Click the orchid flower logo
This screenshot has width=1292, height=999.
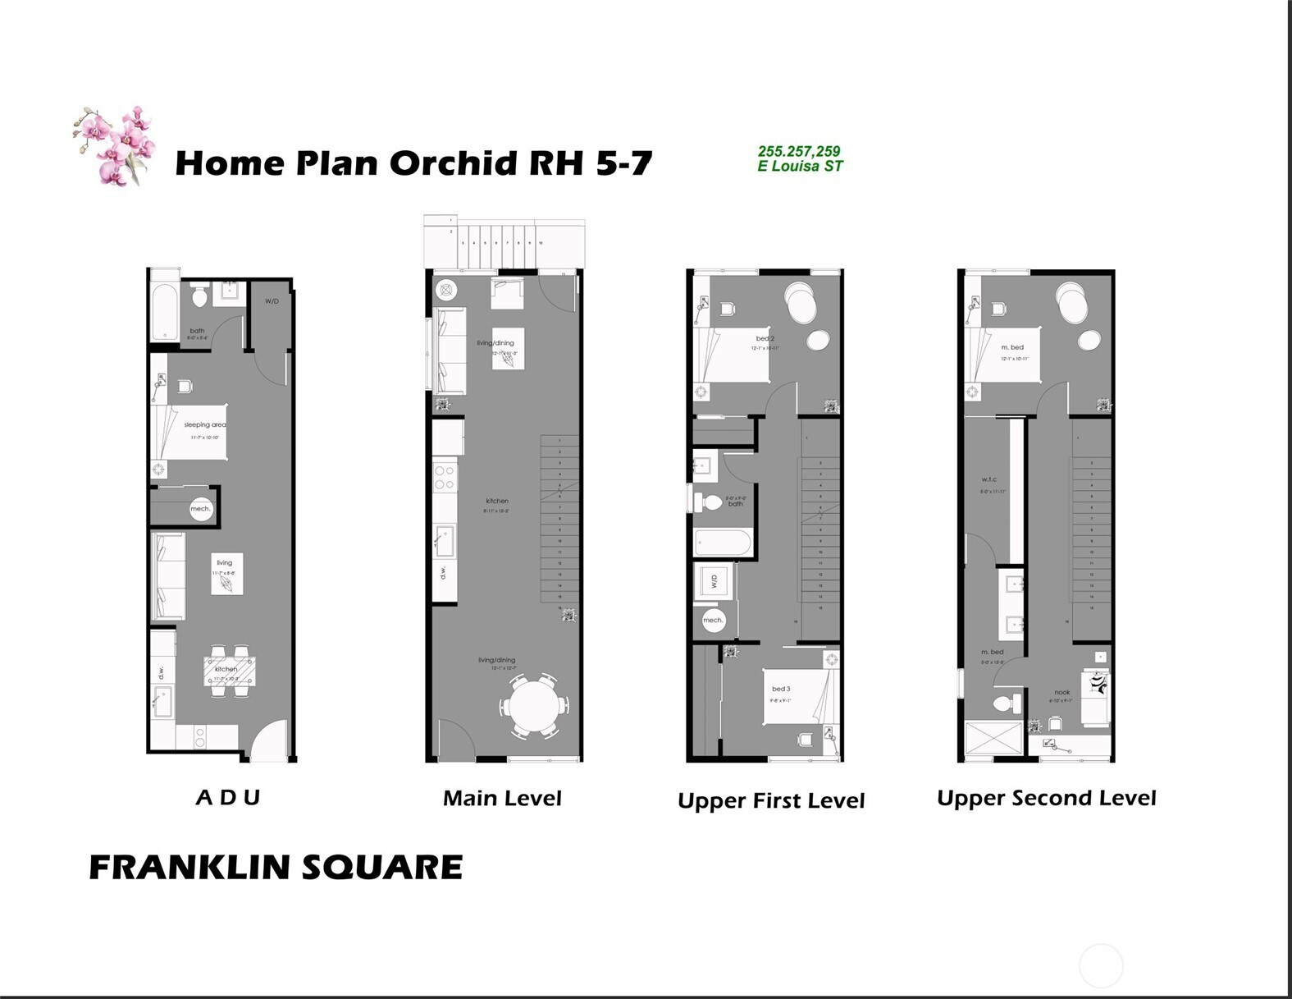(115, 145)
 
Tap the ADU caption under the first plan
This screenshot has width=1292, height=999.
(228, 797)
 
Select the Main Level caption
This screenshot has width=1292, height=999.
(502, 798)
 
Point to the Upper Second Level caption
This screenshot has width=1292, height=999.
(1046, 798)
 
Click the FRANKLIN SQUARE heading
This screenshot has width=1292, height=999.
(276, 868)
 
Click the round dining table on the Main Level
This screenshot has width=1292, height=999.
(534, 705)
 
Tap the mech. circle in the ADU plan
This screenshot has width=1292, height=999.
(201, 509)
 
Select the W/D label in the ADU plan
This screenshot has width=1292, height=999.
(272, 301)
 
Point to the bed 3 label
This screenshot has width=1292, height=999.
(781, 689)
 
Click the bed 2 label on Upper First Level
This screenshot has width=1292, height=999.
(765, 338)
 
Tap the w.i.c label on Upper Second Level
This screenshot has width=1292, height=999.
(989, 479)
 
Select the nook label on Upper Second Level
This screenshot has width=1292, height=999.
(1061, 692)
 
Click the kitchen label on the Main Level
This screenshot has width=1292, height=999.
(497, 501)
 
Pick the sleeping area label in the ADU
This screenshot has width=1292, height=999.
(204, 424)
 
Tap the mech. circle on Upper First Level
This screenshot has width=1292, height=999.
(713, 620)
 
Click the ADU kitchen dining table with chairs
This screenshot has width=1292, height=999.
(229, 671)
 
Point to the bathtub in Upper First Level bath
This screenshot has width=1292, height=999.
(723, 543)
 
